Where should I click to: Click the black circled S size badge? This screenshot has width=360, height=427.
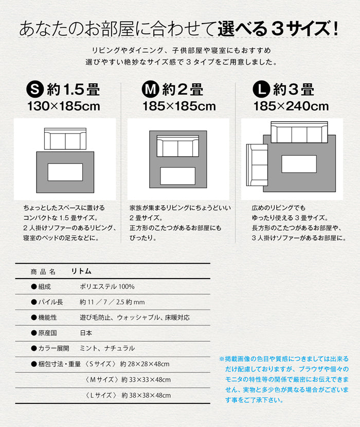(x=35, y=89)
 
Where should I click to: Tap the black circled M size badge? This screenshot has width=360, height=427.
(x=151, y=89)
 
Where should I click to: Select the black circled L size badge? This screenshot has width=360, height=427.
(x=261, y=89)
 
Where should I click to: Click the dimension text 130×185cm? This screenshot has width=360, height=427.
(x=64, y=106)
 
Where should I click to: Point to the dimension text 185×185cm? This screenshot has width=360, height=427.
(x=179, y=106)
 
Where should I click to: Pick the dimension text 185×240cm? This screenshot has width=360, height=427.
(x=291, y=106)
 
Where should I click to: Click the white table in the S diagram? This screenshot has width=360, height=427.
(x=65, y=172)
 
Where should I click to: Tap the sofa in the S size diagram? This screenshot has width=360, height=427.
(x=65, y=139)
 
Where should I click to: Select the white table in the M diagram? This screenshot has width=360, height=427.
(x=177, y=176)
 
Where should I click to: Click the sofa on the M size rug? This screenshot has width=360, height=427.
(x=177, y=146)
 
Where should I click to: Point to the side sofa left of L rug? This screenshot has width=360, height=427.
(x=257, y=165)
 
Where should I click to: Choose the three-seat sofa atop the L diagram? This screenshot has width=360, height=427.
(x=299, y=132)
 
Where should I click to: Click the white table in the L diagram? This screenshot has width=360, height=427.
(x=299, y=164)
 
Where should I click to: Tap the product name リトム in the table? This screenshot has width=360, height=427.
(x=81, y=271)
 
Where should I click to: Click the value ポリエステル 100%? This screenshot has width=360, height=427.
(x=107, y=287)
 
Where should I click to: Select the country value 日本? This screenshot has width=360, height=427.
(x=86, y=333)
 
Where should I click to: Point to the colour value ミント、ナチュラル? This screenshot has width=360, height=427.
(x=107, y=348)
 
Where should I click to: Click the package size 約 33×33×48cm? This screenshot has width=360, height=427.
(x=146, y=380)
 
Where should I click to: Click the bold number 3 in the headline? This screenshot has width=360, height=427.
(x=278, y=29)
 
